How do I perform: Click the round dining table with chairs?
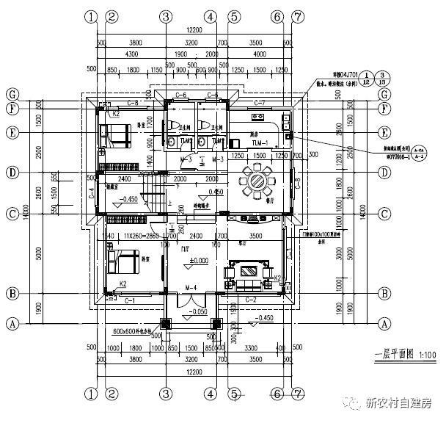[257, 179]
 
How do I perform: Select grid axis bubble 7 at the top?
[298, 16]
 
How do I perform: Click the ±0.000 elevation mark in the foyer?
[200, 261]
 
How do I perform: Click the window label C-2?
[249, 300]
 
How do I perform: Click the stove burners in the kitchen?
[259, 117]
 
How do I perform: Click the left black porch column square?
[165, 323]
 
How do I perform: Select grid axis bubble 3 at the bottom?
[167, 394]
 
